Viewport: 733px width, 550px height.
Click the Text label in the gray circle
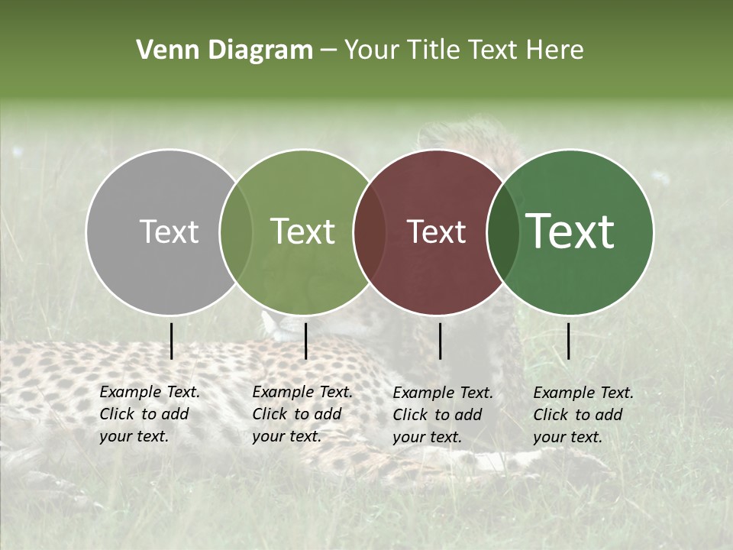[x=169, y=232]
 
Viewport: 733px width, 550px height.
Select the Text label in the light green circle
[x=302, y=232]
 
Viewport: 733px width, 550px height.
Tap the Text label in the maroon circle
[x=436, y=232]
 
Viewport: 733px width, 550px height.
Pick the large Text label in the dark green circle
[x=570, y=232]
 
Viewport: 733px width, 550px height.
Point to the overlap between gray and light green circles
[x=236, y=232]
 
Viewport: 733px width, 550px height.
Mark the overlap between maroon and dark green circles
[x=502, y=232]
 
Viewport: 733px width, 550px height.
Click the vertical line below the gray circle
[x=172, y=341]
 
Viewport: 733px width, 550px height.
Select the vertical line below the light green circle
[x=305, y=341]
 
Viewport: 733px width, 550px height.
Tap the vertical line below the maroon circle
[x=440, y=341]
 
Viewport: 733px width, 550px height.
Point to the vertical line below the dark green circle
[x=568, y=341]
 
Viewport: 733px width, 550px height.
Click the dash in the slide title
[x=328, y=50]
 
